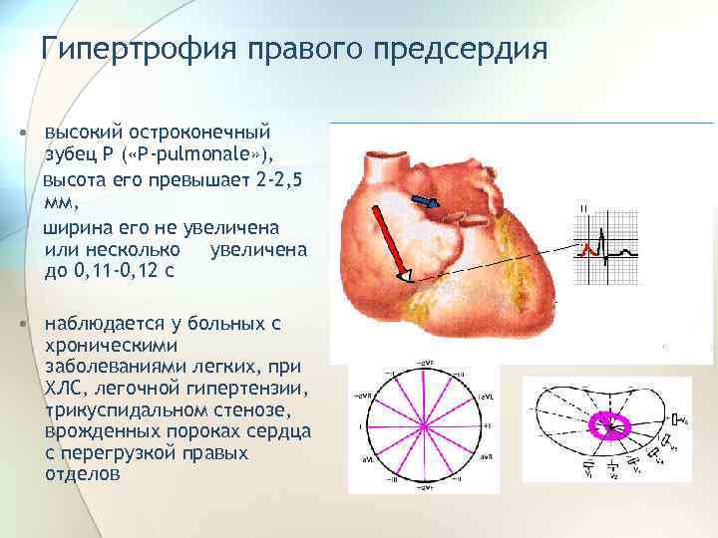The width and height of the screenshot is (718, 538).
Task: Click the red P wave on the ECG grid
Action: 589,248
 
